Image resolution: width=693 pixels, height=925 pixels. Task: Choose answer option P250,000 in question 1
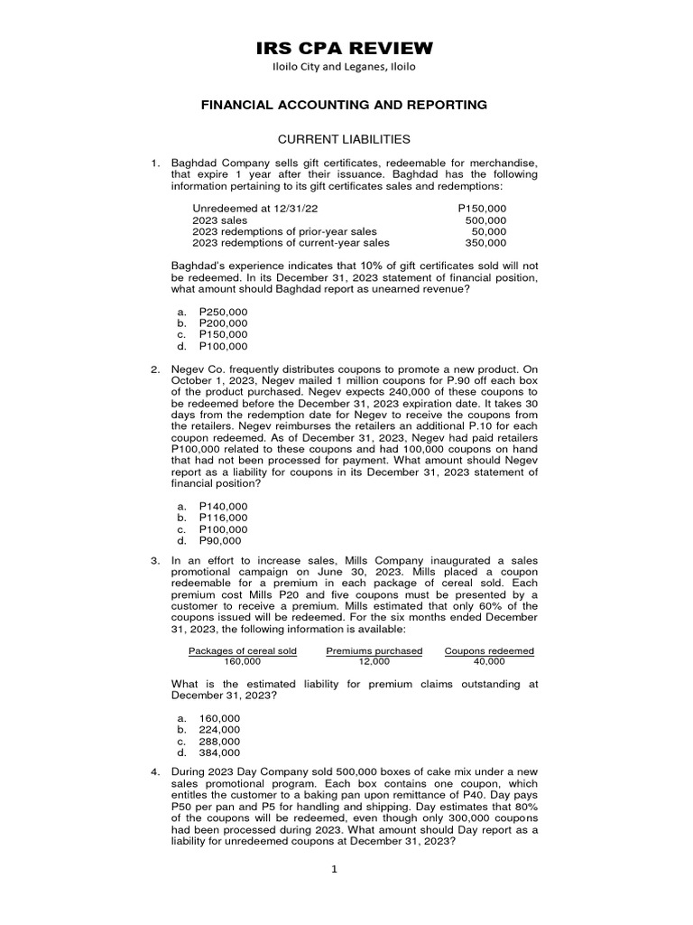pyautogui.click(x=223, y=312)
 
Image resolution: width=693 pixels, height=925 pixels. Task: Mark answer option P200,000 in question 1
pyautogui.click(x=223, y=323)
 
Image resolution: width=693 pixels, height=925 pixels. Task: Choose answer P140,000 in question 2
pyautogui.click(x=223, y=507)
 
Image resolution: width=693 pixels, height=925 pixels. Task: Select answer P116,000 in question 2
pyautogui.click(x=223, y=519)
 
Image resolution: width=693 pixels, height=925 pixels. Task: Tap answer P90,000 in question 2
pyautogui.click(x=220, y=541)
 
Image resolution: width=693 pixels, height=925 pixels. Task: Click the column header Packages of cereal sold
pyautogui.click(x=242, y=650)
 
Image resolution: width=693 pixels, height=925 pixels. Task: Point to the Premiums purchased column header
pyautogui.click(x=374, y=650)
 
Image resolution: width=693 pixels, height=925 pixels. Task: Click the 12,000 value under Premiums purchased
pyautogui.click(x=374, y=661)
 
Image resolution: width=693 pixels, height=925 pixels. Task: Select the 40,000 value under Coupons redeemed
pyautogui.click(x=489, y=661)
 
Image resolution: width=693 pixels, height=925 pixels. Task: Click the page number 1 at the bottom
pyautogui.click(x=333, y=869)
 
